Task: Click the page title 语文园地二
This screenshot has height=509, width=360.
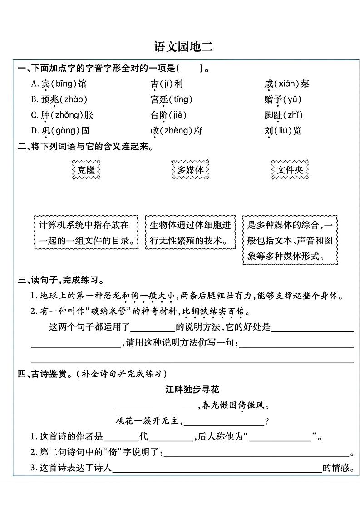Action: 180,47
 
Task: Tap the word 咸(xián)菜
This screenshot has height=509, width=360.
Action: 286,84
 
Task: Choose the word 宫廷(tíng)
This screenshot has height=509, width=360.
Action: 172,99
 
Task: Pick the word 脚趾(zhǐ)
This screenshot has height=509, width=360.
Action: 283,115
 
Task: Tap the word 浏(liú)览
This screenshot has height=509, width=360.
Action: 283,131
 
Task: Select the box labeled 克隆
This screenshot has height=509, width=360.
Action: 86,170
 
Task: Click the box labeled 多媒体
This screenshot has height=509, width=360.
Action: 190,170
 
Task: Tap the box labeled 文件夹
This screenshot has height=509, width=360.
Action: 290,170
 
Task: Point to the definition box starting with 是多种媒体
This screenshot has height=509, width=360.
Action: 290,240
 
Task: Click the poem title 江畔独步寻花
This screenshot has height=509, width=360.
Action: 193,390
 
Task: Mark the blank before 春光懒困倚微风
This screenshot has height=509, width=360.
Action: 156,405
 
